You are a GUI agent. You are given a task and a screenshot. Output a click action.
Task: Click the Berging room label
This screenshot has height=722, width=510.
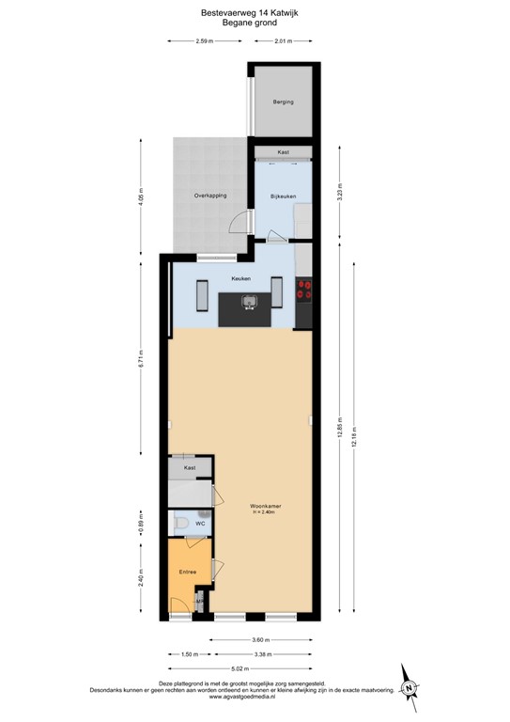point(283,102)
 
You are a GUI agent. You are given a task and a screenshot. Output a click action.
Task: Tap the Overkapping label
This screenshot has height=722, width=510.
point(210,196)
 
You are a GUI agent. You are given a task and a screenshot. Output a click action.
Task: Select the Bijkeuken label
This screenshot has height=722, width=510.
point(283,196)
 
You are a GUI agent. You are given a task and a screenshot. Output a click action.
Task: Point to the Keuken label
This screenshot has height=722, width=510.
point(241,279)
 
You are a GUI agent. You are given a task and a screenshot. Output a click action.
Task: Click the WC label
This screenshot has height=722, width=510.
point(200,524)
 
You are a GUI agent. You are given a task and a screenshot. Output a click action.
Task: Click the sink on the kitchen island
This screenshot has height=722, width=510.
point(250,302)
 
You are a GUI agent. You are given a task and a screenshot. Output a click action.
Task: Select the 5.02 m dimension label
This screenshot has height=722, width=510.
point(241,669)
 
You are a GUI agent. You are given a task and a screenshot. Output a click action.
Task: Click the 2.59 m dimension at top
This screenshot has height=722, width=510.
point(209,41)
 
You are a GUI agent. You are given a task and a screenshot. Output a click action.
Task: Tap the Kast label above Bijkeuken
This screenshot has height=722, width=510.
point(283,152)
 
